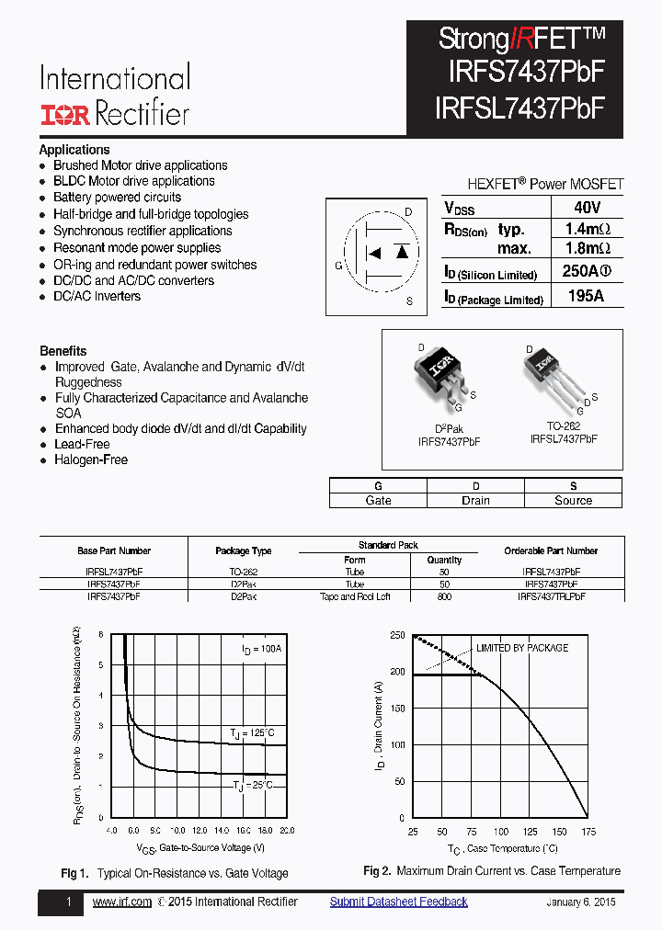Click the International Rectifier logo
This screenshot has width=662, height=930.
click(115, 96)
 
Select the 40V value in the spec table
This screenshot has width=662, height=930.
click(587, 208)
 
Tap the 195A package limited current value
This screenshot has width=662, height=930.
click(587, 296)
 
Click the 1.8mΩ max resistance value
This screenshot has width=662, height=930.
click(587, 248)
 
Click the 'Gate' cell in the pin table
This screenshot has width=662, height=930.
click(378, 501)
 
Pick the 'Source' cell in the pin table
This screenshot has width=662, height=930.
click(573, 501)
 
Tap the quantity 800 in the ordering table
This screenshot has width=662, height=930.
click(445, 596)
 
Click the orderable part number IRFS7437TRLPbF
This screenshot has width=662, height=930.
click(551, 596)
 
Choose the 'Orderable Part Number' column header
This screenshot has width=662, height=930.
click(551, 551)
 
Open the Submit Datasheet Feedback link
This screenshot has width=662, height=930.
click(398, 902)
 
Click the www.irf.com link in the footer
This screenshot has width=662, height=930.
click(122, 902)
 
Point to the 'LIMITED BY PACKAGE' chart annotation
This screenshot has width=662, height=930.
click(521, 648)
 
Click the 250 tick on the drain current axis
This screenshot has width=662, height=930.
click(396, 635)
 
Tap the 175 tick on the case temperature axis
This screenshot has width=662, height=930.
click(588, 832)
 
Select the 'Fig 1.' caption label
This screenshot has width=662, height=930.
click(74, 873)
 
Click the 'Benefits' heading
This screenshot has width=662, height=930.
click(63, 351)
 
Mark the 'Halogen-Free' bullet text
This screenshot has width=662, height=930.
click(91, 459)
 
